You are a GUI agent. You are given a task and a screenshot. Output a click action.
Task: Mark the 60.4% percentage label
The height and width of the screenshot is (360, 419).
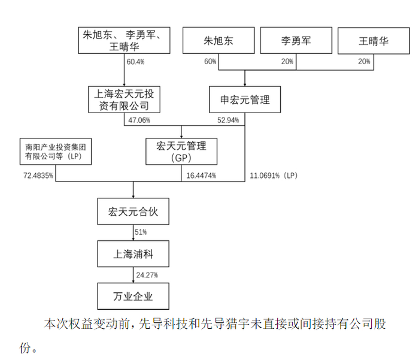pyautogui.click(x=135, y=62)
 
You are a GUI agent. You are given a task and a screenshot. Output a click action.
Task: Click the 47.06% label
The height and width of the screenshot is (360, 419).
pyautogui.click(x=139, y=120)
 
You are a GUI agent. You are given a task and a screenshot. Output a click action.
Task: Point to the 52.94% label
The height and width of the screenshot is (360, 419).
pyautogui.click(x=228, y=120)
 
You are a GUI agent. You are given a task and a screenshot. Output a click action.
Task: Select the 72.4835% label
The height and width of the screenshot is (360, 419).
pyautogui.click(x=38, y=176)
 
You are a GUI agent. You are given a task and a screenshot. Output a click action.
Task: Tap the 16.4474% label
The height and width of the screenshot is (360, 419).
pyautogui.click(x=201, y=176)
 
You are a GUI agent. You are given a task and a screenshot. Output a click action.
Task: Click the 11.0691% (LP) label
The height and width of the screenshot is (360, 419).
pyautogui.click(x=274, y=176)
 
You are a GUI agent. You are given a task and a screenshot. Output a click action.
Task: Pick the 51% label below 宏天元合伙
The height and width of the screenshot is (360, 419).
pyautogui.click(x=141, y=232)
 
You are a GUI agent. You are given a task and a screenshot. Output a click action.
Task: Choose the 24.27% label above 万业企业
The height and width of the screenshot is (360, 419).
pyautogui.click(x=147, y=275)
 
